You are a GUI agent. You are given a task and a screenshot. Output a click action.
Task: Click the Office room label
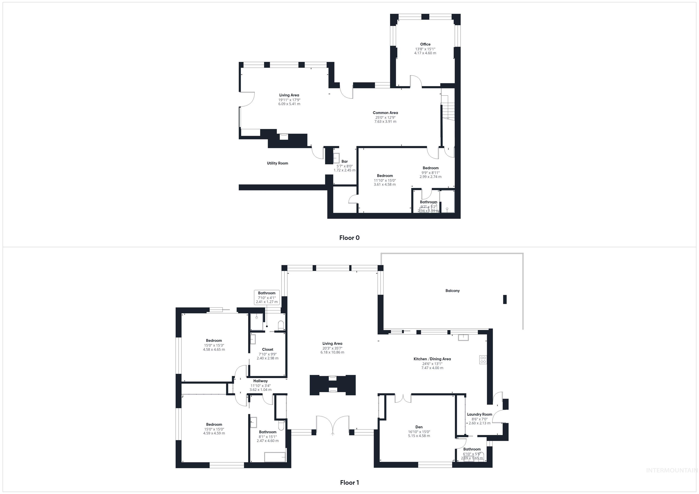coord(425,44)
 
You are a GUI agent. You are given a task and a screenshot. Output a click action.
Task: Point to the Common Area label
coord(385,113)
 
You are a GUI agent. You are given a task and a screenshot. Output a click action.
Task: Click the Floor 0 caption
coord(349,238)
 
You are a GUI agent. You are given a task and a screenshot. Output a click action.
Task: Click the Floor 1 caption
coord(349,482)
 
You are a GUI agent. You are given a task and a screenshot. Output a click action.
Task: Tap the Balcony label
coord(452,291)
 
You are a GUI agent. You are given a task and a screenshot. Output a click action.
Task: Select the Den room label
coord(419,427)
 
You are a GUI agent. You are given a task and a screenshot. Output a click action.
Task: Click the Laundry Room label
coord(479,414)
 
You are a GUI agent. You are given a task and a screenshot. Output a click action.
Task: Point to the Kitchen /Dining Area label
coord(432,359)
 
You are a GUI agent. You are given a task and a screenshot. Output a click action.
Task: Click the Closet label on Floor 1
coord(268,349)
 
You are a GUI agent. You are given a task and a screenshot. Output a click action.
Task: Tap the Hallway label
coord(260,381)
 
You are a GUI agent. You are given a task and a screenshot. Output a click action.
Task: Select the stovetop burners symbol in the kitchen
coord(483,360)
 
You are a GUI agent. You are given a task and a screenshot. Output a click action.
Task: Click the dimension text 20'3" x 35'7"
coord(332,348)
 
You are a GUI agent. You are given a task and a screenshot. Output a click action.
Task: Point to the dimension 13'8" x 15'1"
coord(425,49)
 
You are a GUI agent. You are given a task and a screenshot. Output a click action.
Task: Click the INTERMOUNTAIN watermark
coord(672,471)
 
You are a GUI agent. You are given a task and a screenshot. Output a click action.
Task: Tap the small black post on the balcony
coord(504,299)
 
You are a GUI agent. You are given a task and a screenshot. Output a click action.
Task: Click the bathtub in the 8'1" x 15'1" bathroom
coord(275,457)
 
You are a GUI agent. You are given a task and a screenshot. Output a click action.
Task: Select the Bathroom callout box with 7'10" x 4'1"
coord(267,297)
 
